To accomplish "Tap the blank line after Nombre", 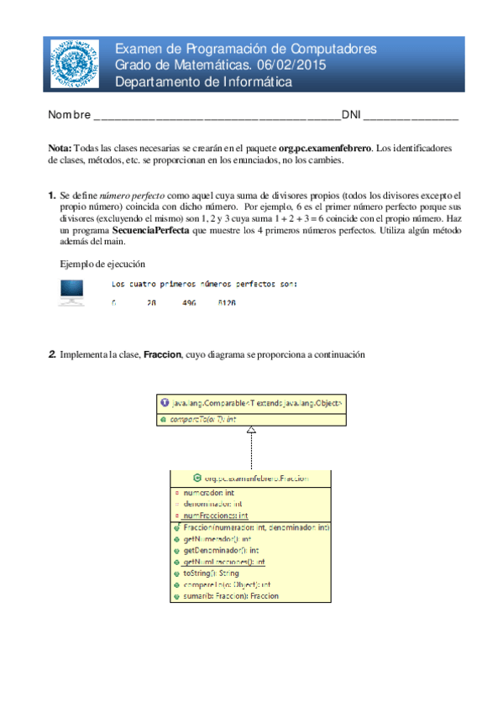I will (x=217, y=115).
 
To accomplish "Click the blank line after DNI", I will (x=411, y=115).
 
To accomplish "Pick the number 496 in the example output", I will (x=189, y=302).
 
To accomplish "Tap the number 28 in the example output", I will (x=151, y=302).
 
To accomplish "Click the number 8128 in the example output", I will (x=226, y=302).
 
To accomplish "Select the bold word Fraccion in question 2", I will (x=163, y=356).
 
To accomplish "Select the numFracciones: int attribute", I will (x=215, y=515).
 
